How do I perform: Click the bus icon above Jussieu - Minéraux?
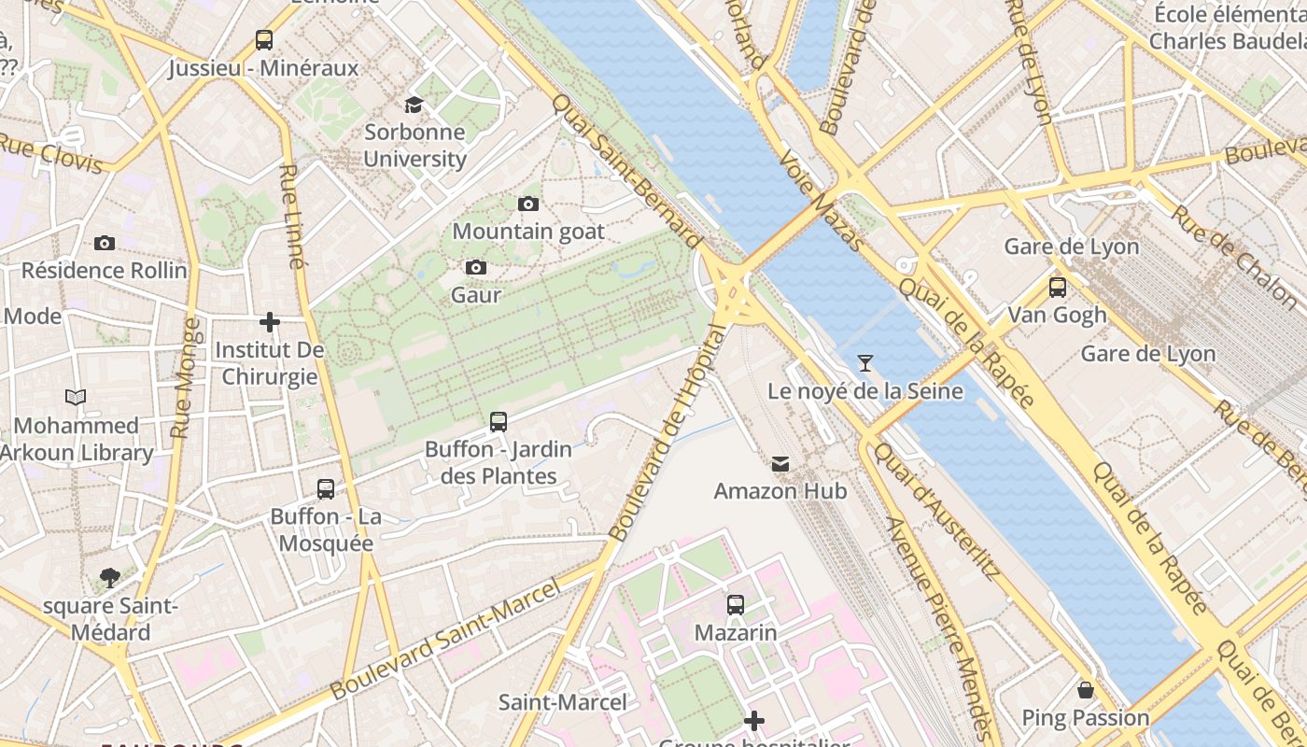pyautogui.click(x=264, y=40)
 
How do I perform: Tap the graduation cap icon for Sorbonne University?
pyautogui.click(x=414, y=105)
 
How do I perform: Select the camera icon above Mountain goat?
pyautogui.click(x=528, y=204)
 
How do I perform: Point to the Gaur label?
pyautogui.click(x=476, y=295)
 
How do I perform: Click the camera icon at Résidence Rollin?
pyautogui.click(x=105, y=243)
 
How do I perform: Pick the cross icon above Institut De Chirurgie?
pyautogui.click(x=270, y=322)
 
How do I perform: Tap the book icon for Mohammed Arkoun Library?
pyautogui.click(x=76, y=398)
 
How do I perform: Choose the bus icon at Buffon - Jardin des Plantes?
pyautogui.click(x=499, y=422)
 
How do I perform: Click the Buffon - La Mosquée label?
pyautogui.click(x=326, y=529)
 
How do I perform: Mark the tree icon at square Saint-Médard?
pyautogui.click(x=110, y=578)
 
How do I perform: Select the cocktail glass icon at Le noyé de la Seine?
pyautogui.click(x=865, y=363)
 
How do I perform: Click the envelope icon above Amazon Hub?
pyautogui.click(x=780, y=463)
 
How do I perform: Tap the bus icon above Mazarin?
pyautogui.click(x=736, y=605)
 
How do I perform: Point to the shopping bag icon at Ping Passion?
pyautogui.click(x=1085, y=690)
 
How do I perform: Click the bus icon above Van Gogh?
pyautogui.click(x=1058, y=288)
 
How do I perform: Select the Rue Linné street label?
pyautogui.click(x=292, y=217)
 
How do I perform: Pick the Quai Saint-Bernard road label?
pyautogui.click(x=626, y=172)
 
